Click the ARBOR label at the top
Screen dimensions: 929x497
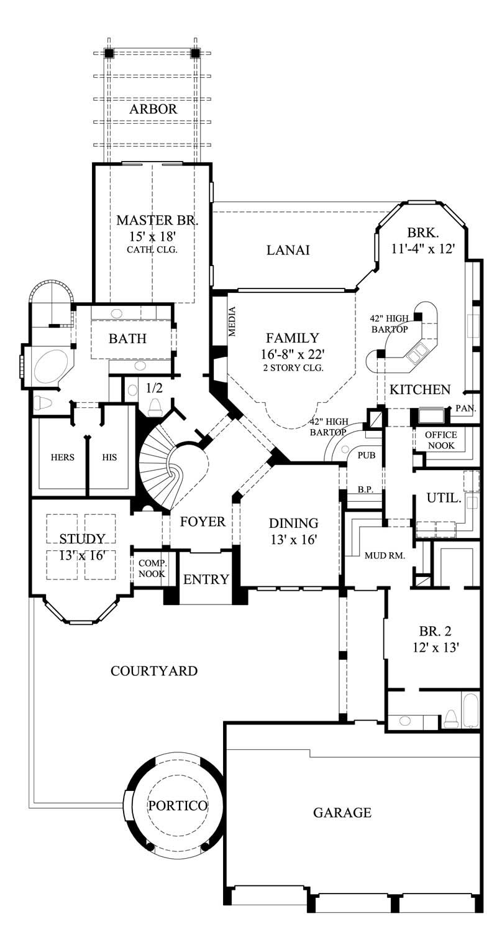pos(153,109)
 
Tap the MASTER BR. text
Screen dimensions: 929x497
pos(153,220)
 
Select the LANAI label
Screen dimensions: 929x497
pos(288,250)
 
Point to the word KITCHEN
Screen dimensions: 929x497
pos(420,390)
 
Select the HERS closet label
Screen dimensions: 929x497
pos(62,458)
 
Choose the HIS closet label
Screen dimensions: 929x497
pos(109,458)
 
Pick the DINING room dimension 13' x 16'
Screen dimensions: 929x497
pos(293,540)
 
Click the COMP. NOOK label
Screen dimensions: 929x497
pos(152,568)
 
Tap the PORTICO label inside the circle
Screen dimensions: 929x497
pos(177,805)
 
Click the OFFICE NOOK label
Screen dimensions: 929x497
pos(441,440)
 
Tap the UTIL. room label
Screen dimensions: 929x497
pos(444,498)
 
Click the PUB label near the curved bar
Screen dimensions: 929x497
pos(367,455)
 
